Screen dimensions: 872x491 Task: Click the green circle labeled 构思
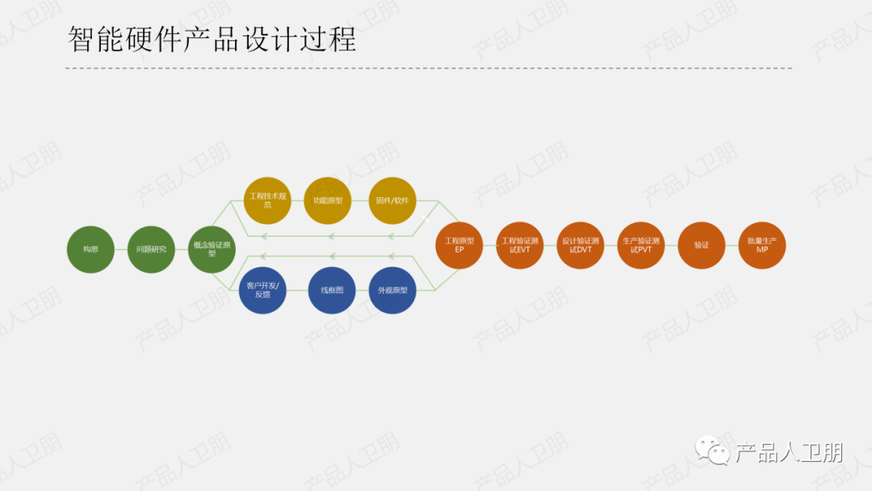[x=91, y=250]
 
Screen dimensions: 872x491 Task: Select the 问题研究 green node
[x=151, y=250]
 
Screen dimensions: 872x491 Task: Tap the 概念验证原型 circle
[x=212, y=250]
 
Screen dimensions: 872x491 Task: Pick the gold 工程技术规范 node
[x=267, y=200]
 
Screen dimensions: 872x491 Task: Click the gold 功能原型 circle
[x=328, y=200]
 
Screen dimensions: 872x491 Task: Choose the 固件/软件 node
[x=392, y=200]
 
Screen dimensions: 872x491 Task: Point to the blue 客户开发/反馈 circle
[x=263, y=291]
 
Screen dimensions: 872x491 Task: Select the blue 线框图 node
[x=332, y=290]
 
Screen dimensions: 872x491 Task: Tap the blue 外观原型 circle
[x=392, y=291]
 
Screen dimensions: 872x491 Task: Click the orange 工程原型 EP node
[x=459, y=245]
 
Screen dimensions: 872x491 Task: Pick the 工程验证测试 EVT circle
[x=520, y=245]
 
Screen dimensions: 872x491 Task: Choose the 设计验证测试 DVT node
[x=581, y=245]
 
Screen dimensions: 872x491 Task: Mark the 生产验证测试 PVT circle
[x=641, y=245]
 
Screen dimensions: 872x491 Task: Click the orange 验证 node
[x=702, y=245]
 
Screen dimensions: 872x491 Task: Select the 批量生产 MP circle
[x=762, y=245]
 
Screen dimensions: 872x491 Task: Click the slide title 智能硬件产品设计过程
[x=212, y=39]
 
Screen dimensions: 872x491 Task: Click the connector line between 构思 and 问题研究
[x=121, y=250]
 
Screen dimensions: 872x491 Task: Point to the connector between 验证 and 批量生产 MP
[x=732, y=245]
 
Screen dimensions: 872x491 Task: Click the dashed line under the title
[x=428, y=69]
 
